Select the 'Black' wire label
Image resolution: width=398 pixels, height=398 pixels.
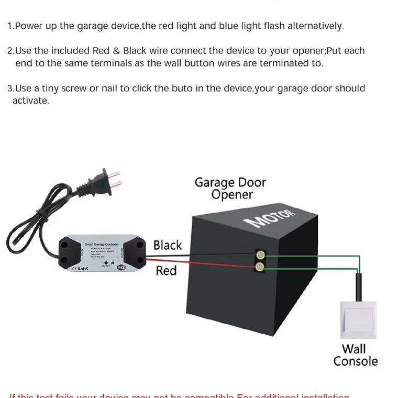click(168, 245)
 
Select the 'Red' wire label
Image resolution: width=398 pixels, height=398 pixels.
click(166, 271)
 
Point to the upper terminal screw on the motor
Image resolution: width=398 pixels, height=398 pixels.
click(260, 255)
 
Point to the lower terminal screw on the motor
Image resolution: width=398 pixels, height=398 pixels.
click(260, 267)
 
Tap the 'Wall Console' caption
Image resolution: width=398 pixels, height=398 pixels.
click(355, 355)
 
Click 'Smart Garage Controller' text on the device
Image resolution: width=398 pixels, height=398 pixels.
click(102, 244)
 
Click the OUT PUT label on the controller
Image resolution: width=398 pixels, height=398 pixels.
click(122, 253)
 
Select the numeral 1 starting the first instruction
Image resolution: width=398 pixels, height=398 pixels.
click(9, 26)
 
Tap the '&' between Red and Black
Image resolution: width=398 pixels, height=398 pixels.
click(116, 51)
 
